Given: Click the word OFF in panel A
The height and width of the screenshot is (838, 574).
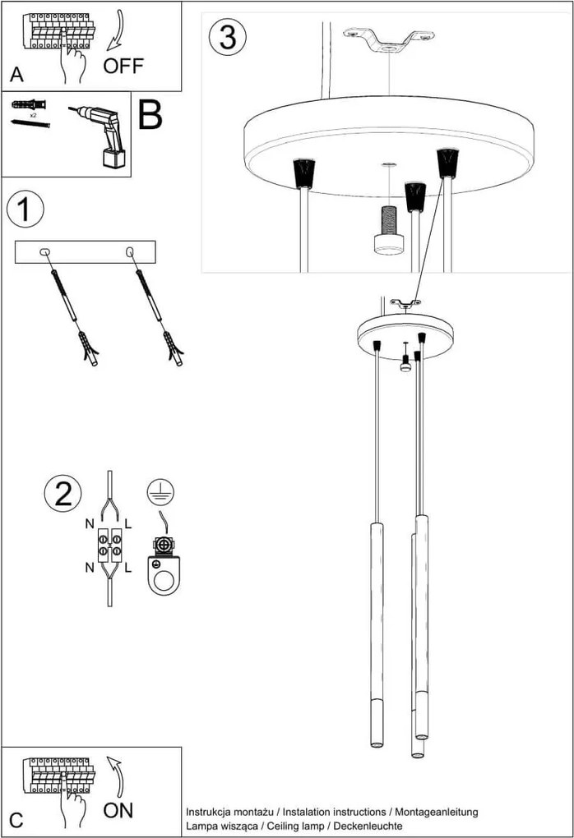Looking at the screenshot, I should [123, 67].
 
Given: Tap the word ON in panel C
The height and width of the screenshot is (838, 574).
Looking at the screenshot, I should [119, 810].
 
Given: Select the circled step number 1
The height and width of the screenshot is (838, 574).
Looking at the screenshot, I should [25, 209].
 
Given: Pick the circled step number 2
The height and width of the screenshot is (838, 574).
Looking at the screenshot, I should [62, 493].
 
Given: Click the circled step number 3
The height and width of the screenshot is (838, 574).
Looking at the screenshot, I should [227, 37].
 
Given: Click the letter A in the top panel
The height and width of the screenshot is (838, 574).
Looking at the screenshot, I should [16, 76].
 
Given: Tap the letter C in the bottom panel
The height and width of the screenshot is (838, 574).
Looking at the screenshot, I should [16, 820].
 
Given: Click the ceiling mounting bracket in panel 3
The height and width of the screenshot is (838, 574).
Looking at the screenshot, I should [388, 39].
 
